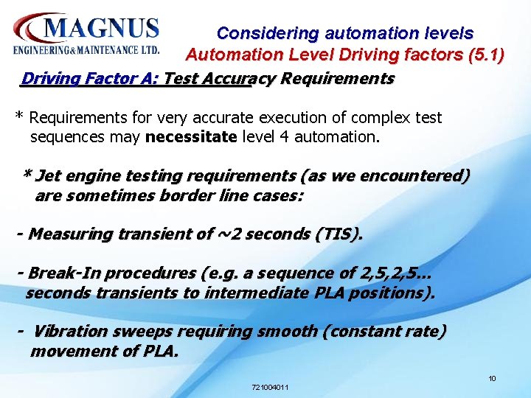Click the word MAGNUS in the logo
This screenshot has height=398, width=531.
pyautogui.click(x=102, y=29)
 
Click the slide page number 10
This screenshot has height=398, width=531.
pyautogui.click(x=492, y=379)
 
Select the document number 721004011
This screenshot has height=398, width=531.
pyautogui.click(x=270, y=387)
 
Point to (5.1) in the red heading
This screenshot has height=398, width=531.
pyautogui.click(x=480, y=55)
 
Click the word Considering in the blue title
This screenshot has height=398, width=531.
pyautogui.click(x=268, y=33)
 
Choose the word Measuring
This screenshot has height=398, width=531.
pyautogui.click(x=72, y=234)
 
